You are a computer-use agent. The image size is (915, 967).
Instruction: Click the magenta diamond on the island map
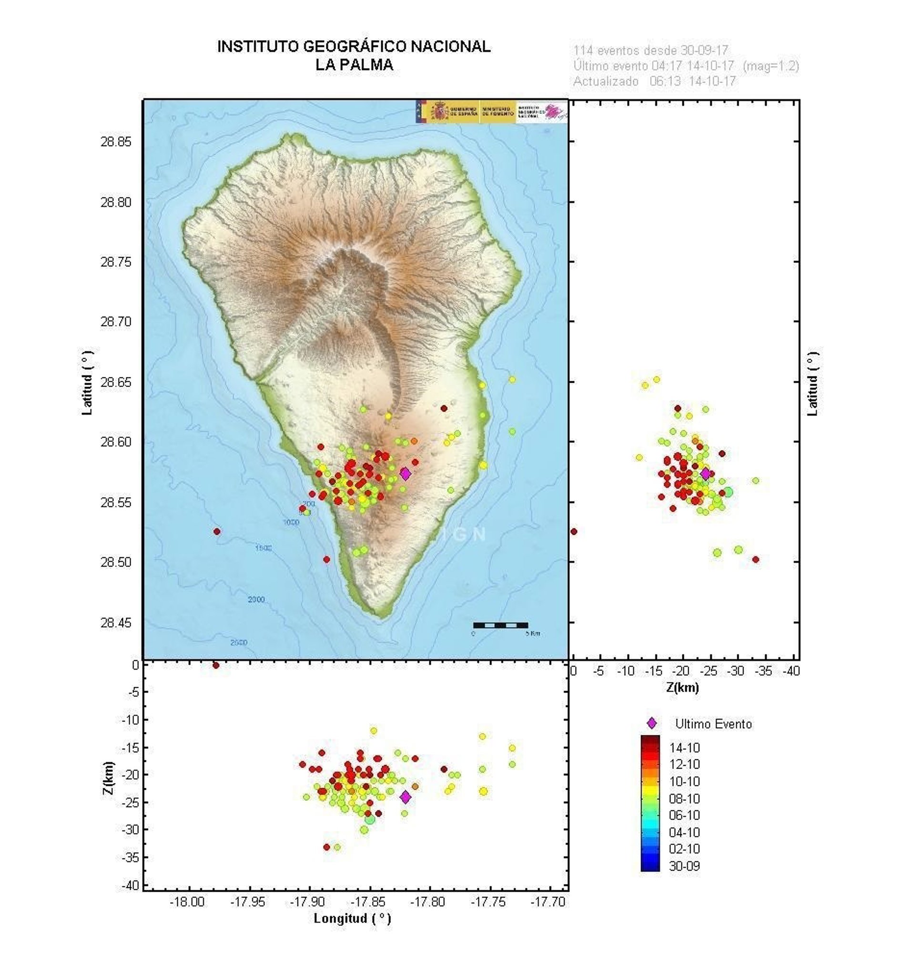[x=405, y=473]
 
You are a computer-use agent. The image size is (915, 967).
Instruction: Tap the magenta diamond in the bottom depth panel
[x=405, y=797]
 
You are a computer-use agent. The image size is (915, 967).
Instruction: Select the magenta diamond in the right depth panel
[x=705, y=473]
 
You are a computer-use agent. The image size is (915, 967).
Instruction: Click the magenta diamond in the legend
[x=651, y=723]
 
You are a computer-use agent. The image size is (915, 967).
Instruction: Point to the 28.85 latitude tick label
[x=116, y=142]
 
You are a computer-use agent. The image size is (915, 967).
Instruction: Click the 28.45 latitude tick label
[x=116, y=623]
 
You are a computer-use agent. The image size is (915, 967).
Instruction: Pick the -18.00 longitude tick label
[x=187, y=902]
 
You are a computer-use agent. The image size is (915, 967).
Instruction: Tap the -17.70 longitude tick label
[x=548, y=902]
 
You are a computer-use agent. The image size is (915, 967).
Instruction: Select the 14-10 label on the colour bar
[x=684, y=748]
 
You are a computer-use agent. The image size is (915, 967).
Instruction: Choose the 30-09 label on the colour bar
[x=684, y=866]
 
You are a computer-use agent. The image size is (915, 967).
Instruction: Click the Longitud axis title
[x=352, y=918]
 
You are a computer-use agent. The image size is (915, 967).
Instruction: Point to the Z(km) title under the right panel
[x=683, y=687]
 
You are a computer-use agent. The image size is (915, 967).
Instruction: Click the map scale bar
[x=501, y=625]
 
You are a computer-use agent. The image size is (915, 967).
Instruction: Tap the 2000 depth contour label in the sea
[x=256, y=600]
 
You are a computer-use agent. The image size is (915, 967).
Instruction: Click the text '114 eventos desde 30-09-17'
[x=651, y=50]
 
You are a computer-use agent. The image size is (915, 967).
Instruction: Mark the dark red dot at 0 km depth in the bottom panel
[x=216, y=665]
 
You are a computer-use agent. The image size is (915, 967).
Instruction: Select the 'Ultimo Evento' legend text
[x=713, y=723]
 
